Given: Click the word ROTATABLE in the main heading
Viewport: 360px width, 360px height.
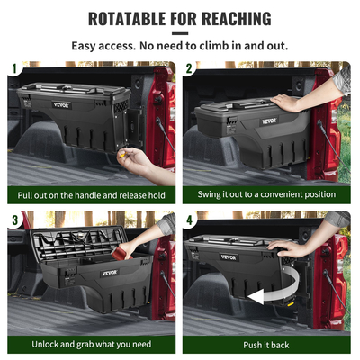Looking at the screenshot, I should pyautogui.click(x=137, y=19).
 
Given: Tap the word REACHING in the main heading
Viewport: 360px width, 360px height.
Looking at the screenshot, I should pyautogui.click(x=231, y=19).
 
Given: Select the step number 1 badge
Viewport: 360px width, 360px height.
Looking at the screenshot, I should pyautogui.click(x=14, y=68).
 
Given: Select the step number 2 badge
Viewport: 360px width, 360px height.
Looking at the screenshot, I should pyautogui.click(x=190, y=68).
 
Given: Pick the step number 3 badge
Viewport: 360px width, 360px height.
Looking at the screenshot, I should pyautogui.click(x=14, y=219).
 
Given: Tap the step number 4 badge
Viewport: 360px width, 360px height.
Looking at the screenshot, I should pyautogui.click(x=190, y=219).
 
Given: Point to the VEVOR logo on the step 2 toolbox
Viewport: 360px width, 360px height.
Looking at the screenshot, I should pyautogui.click(x=269, y=121).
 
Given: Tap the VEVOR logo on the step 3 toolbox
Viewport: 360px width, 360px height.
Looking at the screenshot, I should pyautogui.click(x=110, y=273).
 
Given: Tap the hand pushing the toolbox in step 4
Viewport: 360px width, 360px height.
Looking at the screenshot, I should pyautogui.click(x=286, y=248).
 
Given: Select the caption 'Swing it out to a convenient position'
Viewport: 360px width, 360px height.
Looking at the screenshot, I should pyautogui.click(x=267, y=194).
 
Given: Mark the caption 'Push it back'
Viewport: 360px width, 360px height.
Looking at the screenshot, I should pyautogui.click(x=267, y=345).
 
